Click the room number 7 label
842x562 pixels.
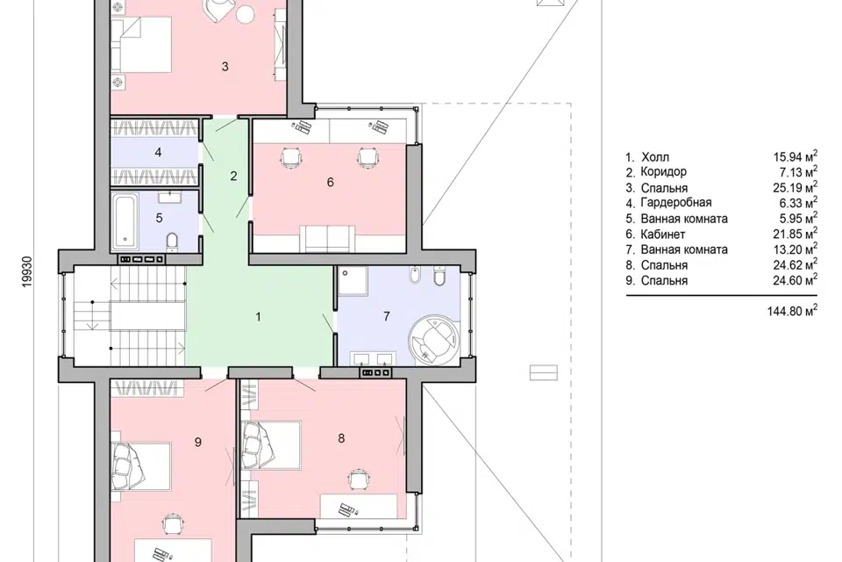(x=386, y=316)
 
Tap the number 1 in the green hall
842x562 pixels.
(x=258, y=317)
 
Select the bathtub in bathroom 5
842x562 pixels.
(x=125, y=221)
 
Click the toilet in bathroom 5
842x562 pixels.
(x=172, y=241)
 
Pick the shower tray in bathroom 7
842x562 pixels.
(x=353, y=280)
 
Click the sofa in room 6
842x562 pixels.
(x=326, y=239)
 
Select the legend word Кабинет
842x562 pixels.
(x=663, y=234)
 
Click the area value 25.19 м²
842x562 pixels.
(x=796, y=187)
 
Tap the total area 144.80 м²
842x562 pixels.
(x=792, y=310)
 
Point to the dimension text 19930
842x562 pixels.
(x=27, y=271)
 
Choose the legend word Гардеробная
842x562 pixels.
(x=676, y=203)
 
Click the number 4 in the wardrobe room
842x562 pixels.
(x=158, y=153)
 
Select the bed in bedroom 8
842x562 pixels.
(x=271, y=444)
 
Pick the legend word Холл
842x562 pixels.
(x=655, y=157)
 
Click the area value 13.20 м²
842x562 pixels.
(x=796, y=249)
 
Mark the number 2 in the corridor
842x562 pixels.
(x=233, y=176)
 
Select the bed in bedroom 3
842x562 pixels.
(x=141, y=45)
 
